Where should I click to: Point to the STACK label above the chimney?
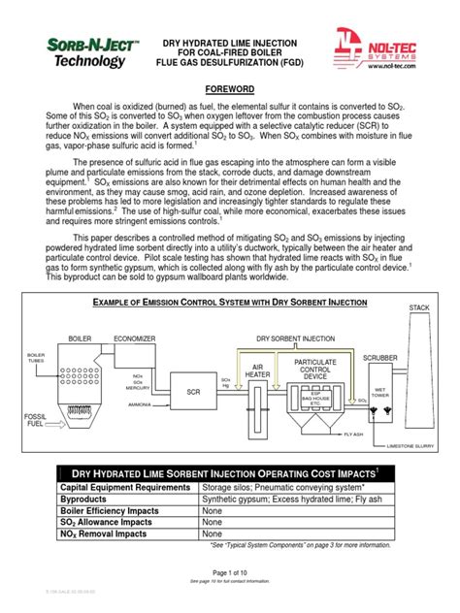(419, 307)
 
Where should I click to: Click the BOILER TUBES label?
(37, 359)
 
